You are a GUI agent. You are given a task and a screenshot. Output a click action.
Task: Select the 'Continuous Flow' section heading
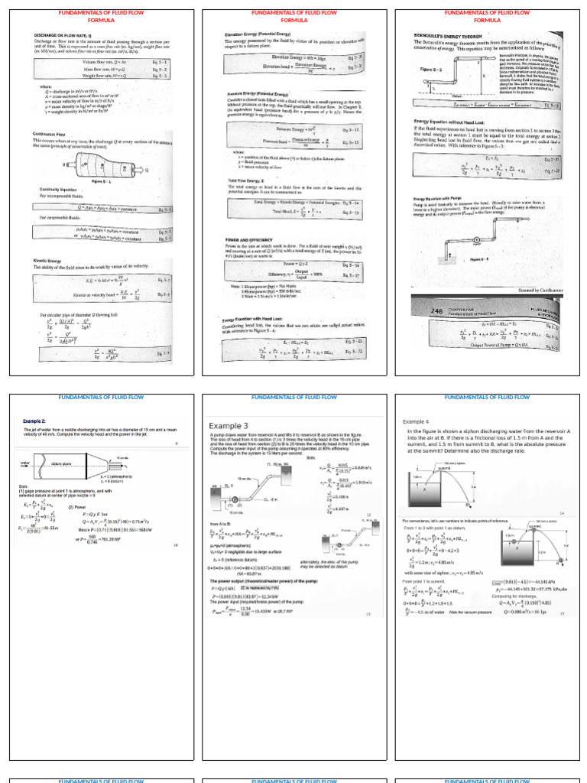(53, 133)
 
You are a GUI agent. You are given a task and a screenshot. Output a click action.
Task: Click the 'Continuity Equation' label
(57, 189)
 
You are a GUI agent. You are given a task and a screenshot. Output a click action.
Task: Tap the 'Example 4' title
(417, 421)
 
